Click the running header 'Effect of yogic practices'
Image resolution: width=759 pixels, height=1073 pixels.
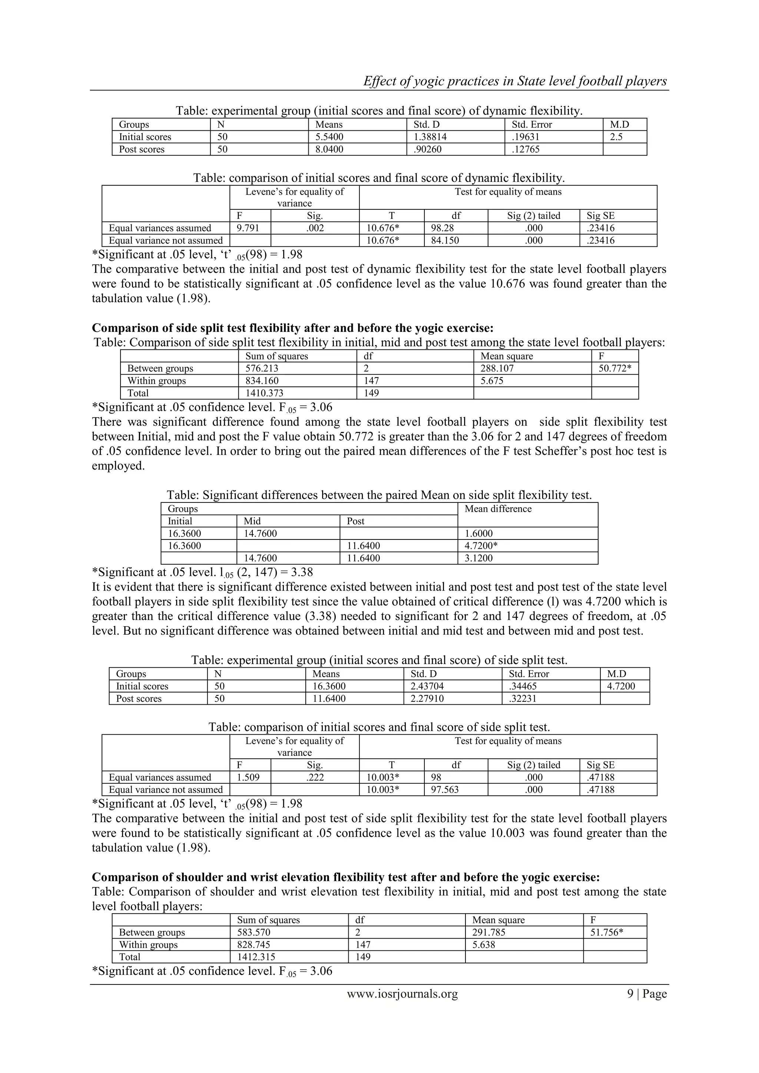514,81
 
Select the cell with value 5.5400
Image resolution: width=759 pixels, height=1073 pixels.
329,137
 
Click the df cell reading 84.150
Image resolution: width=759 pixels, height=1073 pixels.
445,241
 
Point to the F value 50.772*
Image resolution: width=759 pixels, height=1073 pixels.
614,368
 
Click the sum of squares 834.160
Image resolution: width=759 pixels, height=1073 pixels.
262,381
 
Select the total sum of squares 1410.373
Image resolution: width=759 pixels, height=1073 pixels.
264,393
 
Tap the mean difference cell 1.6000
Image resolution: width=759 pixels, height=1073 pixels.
478,534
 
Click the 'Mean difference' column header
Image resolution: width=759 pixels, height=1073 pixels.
498,509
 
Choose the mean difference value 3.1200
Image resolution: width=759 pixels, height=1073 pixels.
478,558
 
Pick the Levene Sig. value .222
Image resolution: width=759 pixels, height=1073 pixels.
315,777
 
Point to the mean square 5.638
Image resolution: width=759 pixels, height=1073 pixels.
483,944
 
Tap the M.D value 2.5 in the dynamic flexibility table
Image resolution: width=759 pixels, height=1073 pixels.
616,137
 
